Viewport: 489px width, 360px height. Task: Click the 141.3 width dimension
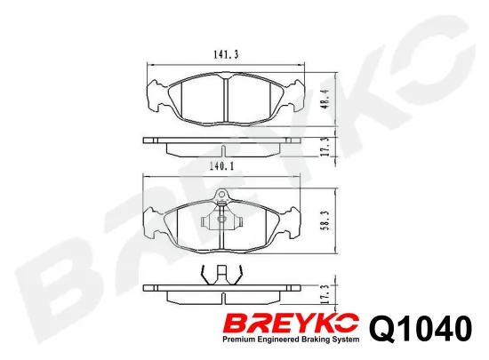coord(224,55)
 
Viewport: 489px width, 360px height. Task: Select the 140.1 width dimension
coord(224,164)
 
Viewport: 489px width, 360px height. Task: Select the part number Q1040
coord(417,329)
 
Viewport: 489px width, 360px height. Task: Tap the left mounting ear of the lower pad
coord(156,221)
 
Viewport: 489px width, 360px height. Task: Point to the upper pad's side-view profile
coord(224,141)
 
